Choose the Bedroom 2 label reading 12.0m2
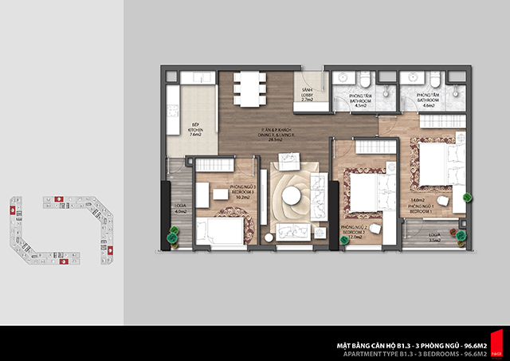click(x=352, y=232)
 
